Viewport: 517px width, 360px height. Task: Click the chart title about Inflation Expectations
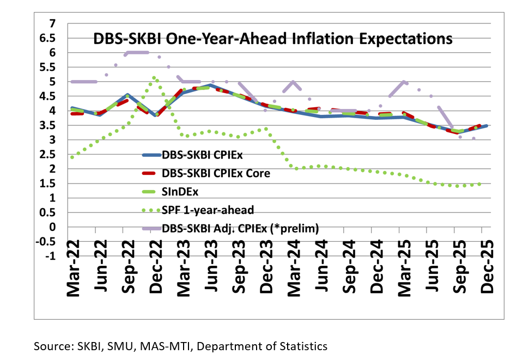[x=272, y=39]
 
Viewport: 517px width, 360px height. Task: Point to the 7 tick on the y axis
[x=52, y=23]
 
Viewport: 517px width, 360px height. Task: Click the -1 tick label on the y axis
[x=51, y=256]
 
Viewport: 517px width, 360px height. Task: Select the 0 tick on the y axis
[x=52, y=227]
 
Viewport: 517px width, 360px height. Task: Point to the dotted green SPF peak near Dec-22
[x=154, y=78]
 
